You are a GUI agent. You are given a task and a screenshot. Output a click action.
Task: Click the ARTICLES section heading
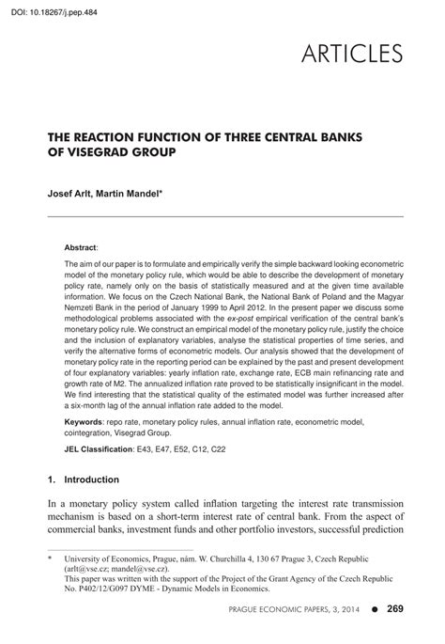353,53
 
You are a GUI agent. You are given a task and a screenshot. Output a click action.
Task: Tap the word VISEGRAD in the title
102,150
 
